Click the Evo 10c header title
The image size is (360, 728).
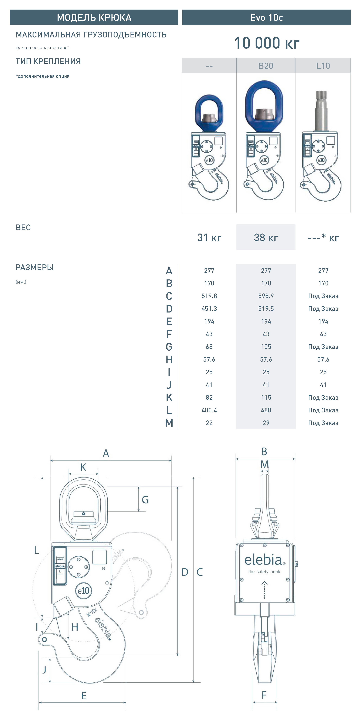pos(266,17)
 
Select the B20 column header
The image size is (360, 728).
pos(266,66)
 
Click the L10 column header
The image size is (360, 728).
pos(323,66)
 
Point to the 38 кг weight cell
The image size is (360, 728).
pos(266,237)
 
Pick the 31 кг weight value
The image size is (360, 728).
pos(209,237)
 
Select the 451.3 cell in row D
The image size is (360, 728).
pos(209,309)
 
